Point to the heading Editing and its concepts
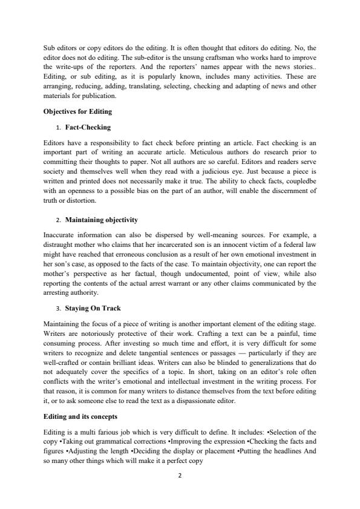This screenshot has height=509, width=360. click(81, 417)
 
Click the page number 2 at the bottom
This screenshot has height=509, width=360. click(180, 476)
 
